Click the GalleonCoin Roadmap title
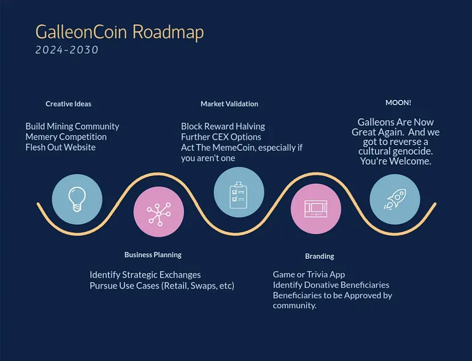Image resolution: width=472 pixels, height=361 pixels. click(x=120, y=32)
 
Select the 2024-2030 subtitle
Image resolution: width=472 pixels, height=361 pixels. click(x=67, y=50)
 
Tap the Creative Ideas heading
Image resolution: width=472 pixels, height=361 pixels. click(x=68, y=104)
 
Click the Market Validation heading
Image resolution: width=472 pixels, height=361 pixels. click(x=229, y=104)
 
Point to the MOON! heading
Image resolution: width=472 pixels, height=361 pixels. click(x=398, y=103)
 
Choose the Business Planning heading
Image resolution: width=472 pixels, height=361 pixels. click(x=153, y=255)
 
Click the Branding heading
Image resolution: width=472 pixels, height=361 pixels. click(x=319, y=256)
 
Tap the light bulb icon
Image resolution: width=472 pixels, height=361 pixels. click(x=77, y=199)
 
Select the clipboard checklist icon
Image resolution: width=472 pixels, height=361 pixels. click(x=238, y=195)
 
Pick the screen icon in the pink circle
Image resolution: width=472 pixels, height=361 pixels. click(x=316, y=208)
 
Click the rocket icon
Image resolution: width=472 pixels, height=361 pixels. click(x=395, y=199)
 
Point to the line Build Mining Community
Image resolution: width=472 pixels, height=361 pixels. click(x=72, y=126)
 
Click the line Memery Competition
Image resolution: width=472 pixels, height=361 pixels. click(x=66, y=137)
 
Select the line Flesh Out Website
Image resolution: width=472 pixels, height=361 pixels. click(x=60, y=147)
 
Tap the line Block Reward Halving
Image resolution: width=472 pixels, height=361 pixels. click(x=223, y=126)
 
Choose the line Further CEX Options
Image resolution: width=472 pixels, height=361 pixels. click(x=221, y=137)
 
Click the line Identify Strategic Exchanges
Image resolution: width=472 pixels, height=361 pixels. click(x=145, y=275)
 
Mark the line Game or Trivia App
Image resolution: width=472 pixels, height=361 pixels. click(x=309, y=274)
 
